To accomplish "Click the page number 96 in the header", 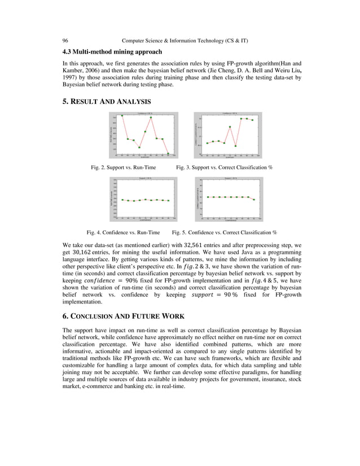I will click(65, 41).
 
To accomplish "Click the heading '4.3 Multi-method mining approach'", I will click(112, 52).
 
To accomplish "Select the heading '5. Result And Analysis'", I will click(106, 102).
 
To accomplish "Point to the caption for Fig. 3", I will click(225, 168).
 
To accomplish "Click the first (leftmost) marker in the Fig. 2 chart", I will click(122, 116).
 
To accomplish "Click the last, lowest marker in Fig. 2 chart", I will click(168, 153).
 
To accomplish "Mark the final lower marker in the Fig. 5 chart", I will click(254, 200).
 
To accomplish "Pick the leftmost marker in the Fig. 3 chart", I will click(207, 143).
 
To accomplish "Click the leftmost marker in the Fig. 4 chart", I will click(122, 200).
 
